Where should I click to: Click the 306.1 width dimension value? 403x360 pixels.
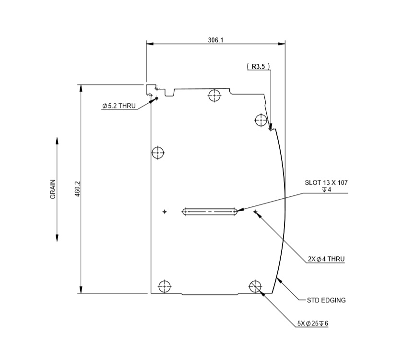click(215, 40)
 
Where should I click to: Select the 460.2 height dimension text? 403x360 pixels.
click(78, 189)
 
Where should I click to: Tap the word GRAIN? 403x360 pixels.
click(53, 189)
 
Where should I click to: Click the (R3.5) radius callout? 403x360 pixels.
click(258, 67)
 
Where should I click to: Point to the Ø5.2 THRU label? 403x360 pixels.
click(119, 106)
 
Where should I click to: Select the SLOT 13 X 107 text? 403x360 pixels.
click(326, 183)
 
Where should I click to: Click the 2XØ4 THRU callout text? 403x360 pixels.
click(326, 259)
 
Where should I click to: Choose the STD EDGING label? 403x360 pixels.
click(326, 300)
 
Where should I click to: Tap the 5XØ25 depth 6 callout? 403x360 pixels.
click(312, 323)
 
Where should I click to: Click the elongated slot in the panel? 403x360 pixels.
click(210, 211)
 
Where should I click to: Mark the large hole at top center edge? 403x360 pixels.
click(214, 95)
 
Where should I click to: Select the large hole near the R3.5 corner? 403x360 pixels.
click(261, 120)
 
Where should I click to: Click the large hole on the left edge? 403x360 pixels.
click(158, 153)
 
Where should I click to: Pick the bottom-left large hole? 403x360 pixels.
click(165, 286)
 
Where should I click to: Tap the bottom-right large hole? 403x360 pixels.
click(255, 286)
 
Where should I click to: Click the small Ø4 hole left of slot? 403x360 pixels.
click(165, 211)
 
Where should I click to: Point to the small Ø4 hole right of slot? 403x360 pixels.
click(255, 211)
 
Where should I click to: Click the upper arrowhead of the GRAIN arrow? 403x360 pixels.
click(57, 141)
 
